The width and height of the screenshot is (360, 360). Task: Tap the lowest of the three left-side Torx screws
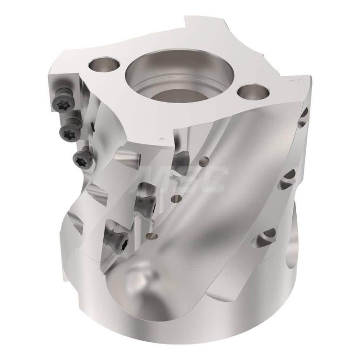82,159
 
